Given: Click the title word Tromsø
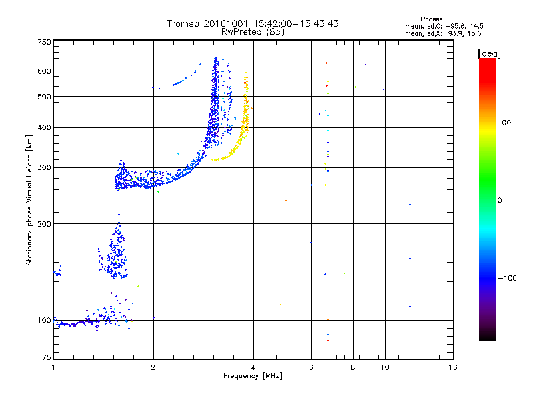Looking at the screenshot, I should [184, 23].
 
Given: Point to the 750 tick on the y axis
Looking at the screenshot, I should [44, 42].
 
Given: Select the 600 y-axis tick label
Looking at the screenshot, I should [44, 71].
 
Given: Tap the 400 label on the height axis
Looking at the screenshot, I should [44, 128].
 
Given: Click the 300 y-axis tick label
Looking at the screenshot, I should [44, 168].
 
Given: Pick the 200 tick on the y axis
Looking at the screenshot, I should [44, 224].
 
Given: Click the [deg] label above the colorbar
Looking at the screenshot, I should [490, 53].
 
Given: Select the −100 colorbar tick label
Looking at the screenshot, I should [506, 278].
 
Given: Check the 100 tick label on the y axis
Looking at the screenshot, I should [44, 321].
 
